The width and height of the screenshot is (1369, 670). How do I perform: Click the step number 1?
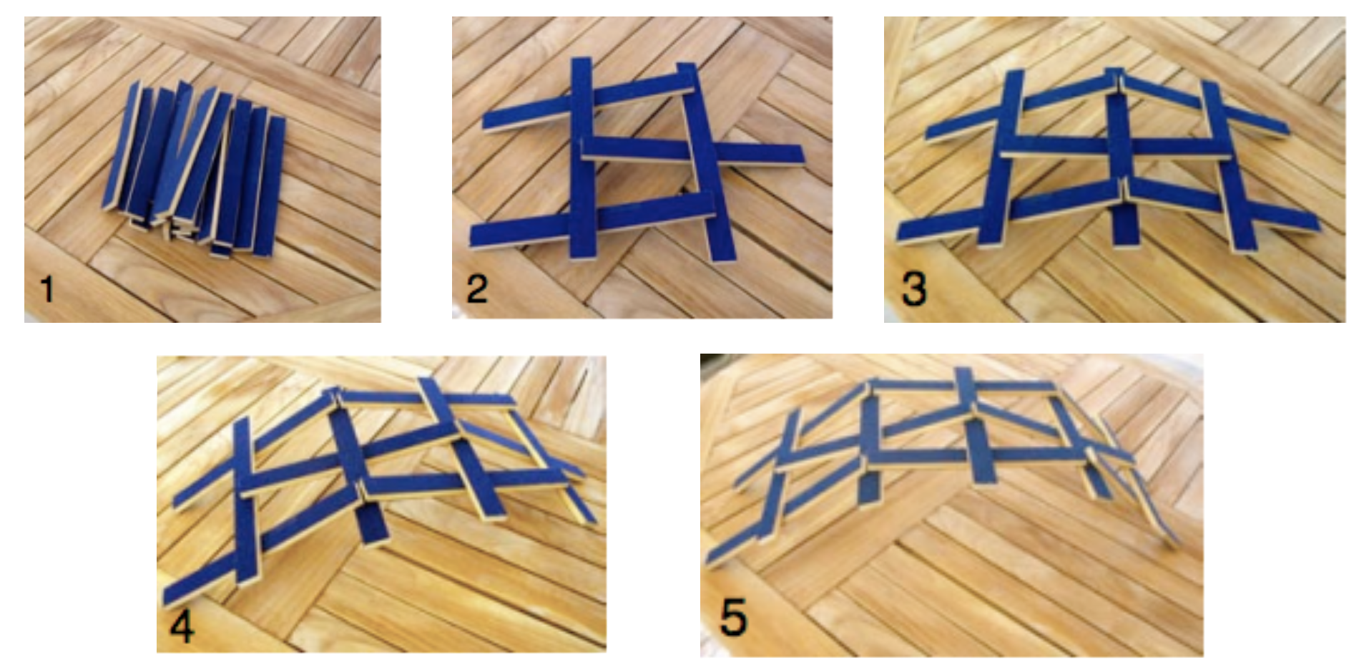[47, 289]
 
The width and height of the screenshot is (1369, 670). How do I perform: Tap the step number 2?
[477, 288]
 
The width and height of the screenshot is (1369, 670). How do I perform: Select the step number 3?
[914, 288]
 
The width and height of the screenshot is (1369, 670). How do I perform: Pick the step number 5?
[734, 616]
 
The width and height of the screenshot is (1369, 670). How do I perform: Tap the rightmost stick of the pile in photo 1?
[269, 186]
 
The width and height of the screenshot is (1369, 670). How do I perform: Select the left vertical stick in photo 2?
[582, 157]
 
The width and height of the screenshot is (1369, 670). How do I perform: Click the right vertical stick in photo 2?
[705, 161]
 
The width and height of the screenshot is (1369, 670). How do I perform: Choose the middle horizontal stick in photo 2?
[692, 152]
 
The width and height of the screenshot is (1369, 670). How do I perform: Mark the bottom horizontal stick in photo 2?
[592, 220]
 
